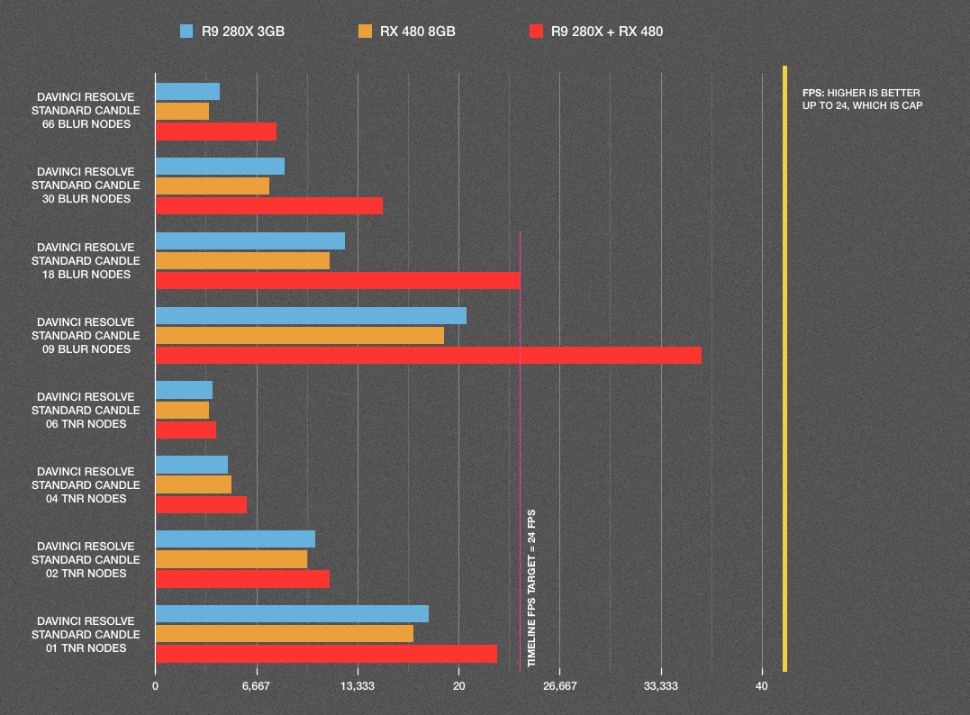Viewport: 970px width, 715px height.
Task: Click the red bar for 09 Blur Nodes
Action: (x=428, y=355)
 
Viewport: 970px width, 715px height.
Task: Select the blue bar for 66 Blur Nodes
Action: (x=187, y=92)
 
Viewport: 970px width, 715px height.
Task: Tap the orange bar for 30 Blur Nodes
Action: (x=213, y=186)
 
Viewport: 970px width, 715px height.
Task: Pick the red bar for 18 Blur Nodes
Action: (x=338, y=280)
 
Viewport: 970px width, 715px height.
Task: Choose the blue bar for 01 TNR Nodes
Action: (x=292, y=614)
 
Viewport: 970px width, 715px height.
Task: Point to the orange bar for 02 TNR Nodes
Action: (x=231, y=559)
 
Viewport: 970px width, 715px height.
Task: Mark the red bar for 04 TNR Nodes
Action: (x=201, y=504)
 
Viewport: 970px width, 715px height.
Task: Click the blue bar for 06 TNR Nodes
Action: (x=184, y=390)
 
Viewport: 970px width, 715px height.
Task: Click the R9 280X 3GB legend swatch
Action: (x=186, y=32)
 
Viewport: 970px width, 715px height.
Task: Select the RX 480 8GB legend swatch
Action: (x=365, y=32)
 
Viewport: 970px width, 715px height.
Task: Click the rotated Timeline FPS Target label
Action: (x=531, y=591)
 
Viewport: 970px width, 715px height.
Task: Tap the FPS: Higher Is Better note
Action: (x=861, y=99)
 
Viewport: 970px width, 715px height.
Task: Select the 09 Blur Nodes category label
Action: (x=86, y=335)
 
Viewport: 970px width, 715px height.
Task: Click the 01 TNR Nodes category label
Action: (x=86, y=634)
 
